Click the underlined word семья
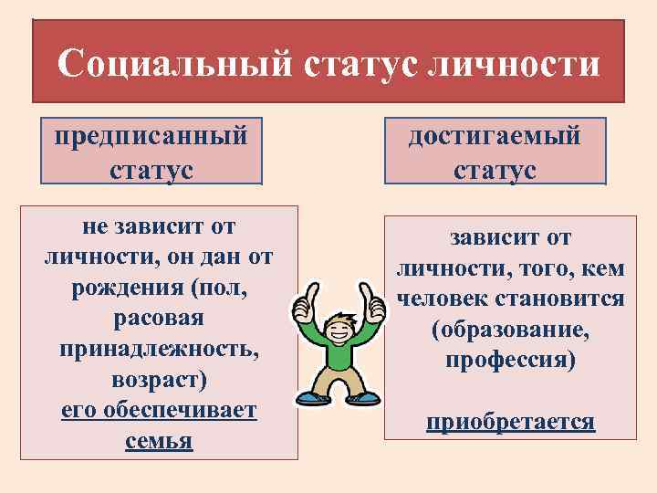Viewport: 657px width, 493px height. click(x=159, y=441)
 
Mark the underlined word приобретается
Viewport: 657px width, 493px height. click(x=510, y=423)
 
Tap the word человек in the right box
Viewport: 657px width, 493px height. click(x=442, y=299)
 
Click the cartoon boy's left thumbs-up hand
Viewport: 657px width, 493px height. click(x=305, y=311)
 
